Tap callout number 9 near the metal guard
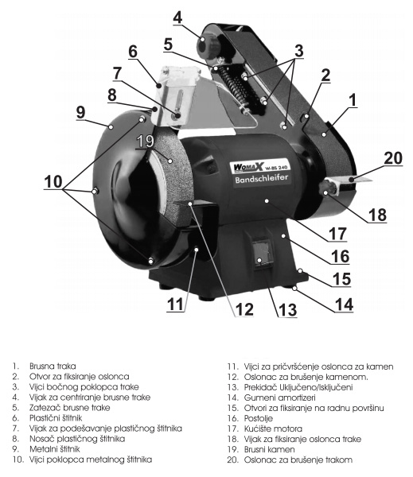[x=80, y=113]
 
